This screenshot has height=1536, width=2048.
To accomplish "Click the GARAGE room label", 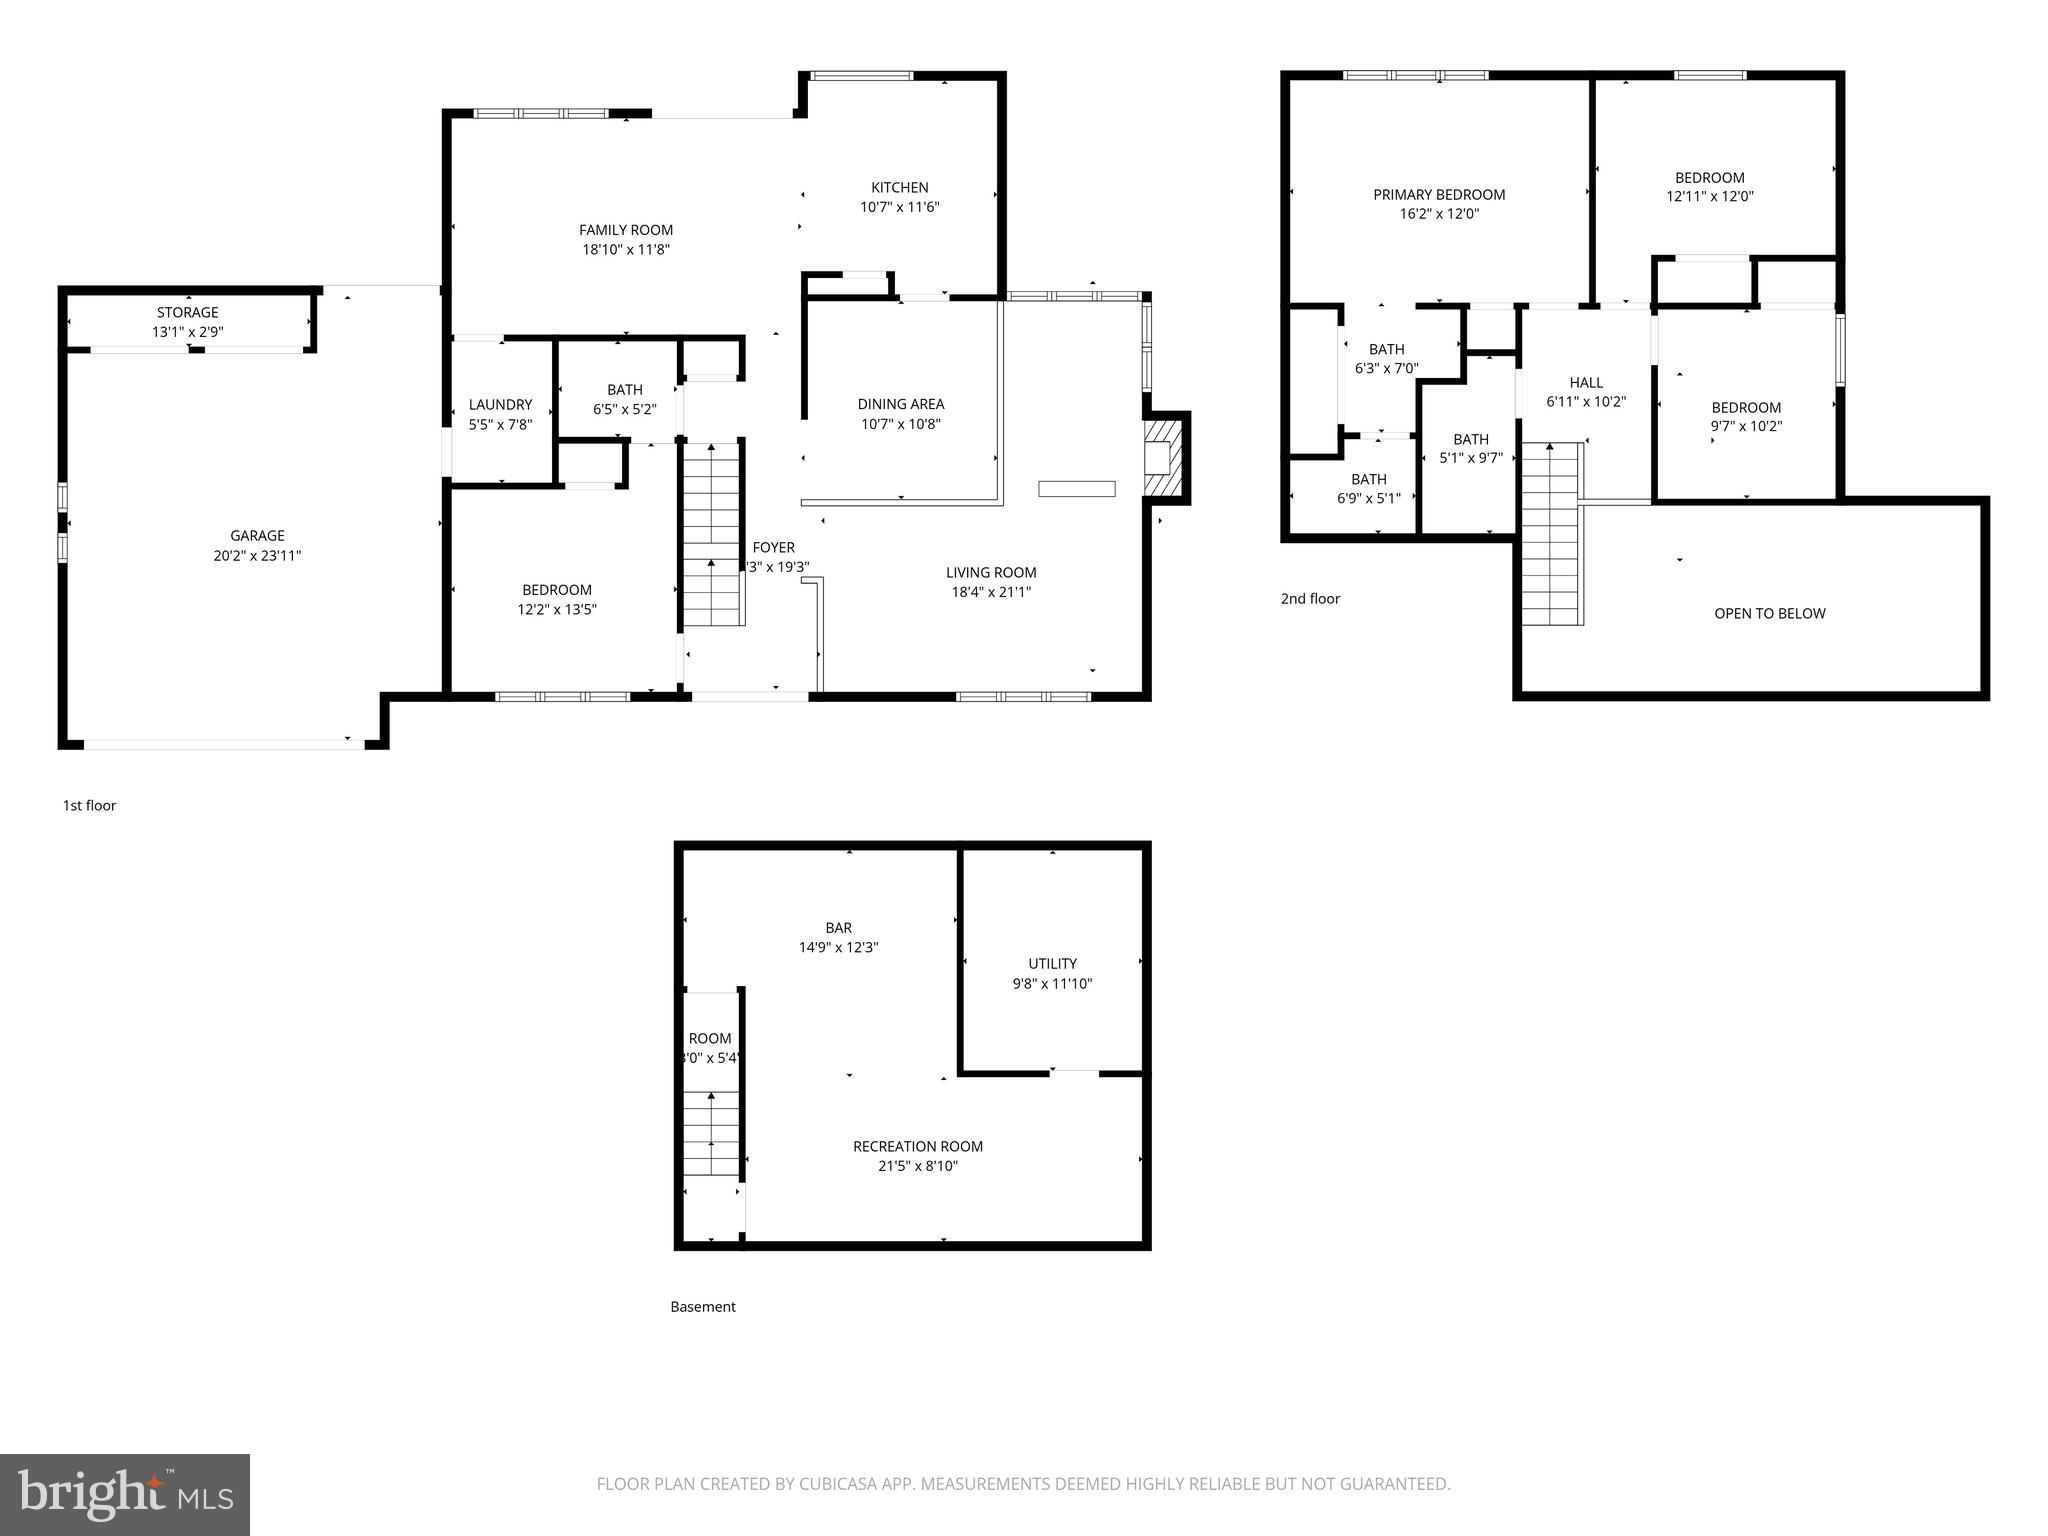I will (257, 536).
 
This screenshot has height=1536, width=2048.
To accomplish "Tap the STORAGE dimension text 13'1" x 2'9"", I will (187, 332).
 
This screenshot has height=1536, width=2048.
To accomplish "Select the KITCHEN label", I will (899, 188).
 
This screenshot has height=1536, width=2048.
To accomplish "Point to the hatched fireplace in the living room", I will (1163, 457).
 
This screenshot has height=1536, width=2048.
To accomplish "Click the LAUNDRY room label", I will (500, 405).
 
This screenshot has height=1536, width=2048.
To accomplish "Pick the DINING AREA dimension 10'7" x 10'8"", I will (900, 424).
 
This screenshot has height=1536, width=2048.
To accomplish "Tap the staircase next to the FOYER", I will (712, 535).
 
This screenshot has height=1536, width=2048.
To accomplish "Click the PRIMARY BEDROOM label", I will (1438, 195).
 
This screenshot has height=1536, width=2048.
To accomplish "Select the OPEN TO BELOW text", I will (1769, 614).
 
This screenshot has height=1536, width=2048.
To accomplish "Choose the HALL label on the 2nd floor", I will (1585, 383).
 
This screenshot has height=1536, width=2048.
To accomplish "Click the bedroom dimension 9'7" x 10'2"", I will (1746, 426).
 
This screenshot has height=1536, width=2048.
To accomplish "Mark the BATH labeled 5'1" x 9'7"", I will (1470, 440).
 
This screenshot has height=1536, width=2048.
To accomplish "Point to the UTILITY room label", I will (1052, 964).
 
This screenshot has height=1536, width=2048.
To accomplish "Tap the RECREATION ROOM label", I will (917, 1147).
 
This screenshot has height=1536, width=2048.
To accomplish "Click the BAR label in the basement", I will (838, 928).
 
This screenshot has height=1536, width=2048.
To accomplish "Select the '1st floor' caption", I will (89, 806).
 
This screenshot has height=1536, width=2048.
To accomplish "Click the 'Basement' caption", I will (702, 1307).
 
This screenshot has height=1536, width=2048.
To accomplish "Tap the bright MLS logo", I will (124, 1495).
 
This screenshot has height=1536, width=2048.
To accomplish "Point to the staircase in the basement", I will (711, 1135).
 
